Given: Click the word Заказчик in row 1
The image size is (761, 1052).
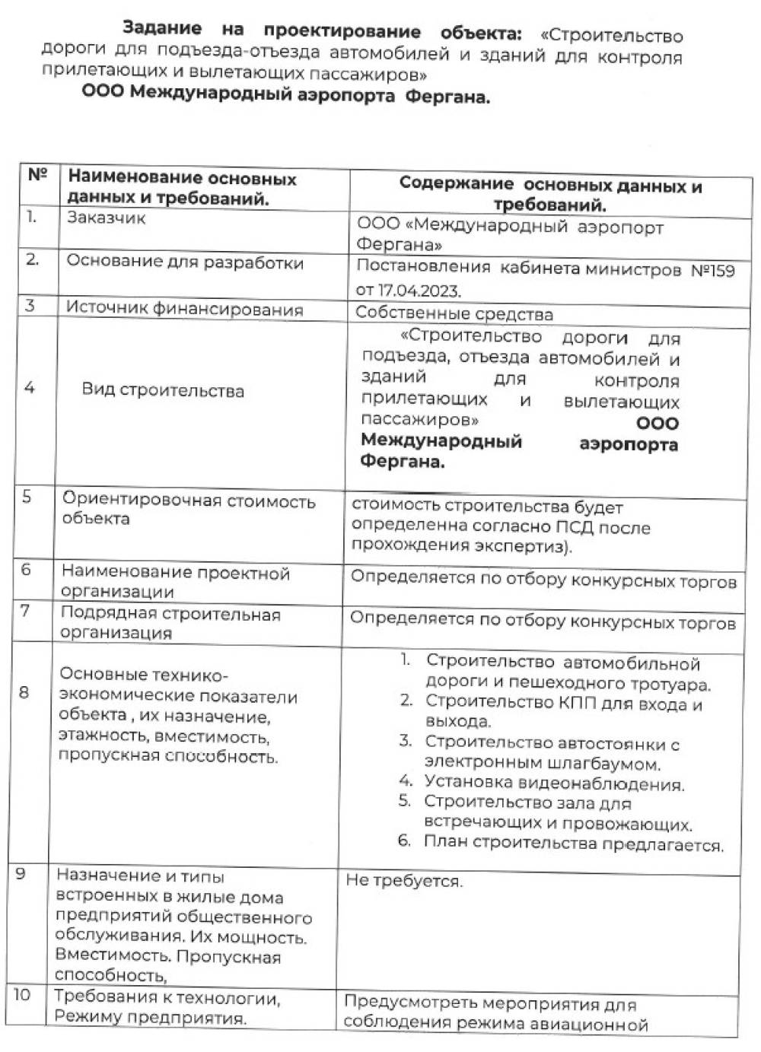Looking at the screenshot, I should coord(106,218).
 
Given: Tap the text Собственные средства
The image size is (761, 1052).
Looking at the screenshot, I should coord(454,313).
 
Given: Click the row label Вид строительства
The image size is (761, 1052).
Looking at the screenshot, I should coord(163,391).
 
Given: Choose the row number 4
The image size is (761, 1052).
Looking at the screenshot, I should coord(29,388).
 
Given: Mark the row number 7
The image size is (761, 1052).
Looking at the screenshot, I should coord(25,610).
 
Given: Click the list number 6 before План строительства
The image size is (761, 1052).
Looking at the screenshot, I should coord(404,841).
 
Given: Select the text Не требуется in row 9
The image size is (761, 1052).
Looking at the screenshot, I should coord(403,882).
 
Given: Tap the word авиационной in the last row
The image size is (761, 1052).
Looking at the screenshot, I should coord(591,1025).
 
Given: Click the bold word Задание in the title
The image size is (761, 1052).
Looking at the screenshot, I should coord(162,29).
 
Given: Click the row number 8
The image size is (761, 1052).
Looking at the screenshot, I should coord(24,692).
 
